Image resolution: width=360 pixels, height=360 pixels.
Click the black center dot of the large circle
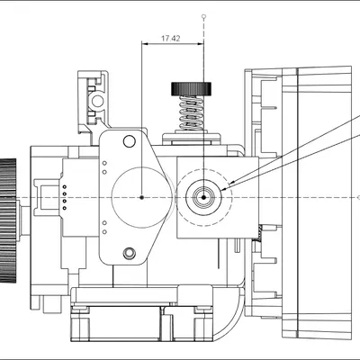click(x=142, y=196)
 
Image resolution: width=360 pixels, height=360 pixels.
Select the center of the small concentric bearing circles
click(x=205, y=196)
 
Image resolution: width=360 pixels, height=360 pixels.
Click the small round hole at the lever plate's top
click(x=130, y=140)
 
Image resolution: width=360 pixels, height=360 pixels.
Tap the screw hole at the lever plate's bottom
click(x=129, y=253)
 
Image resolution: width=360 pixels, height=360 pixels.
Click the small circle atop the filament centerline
click(x=205, y=15)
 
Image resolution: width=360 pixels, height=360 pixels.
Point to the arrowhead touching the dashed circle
click(x=232, y=183)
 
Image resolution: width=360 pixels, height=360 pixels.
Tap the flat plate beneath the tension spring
click(x=190, y=138)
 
